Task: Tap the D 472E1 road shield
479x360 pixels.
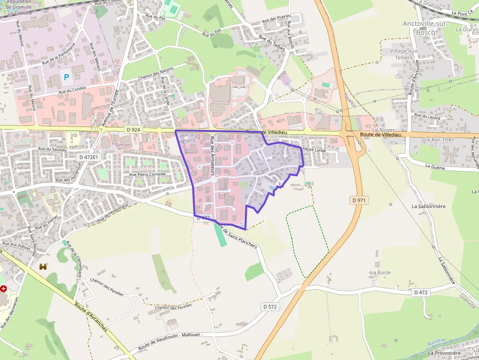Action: tap(88, 157)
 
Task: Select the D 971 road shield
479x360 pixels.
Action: tap(359, 200)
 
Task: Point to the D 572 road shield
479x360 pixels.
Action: tap(270, 307)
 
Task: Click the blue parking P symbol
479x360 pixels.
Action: tap(66, 77)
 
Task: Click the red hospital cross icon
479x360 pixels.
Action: tap(4, 289)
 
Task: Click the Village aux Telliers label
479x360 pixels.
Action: tap(404, 54)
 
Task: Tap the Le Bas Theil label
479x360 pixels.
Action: tap(439, 140)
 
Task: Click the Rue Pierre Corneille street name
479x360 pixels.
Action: tap(147, 174)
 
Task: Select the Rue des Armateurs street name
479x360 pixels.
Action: tap(213, 156)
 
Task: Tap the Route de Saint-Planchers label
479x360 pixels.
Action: tap(236, 234)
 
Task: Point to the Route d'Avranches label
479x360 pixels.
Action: tap(91, 318)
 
